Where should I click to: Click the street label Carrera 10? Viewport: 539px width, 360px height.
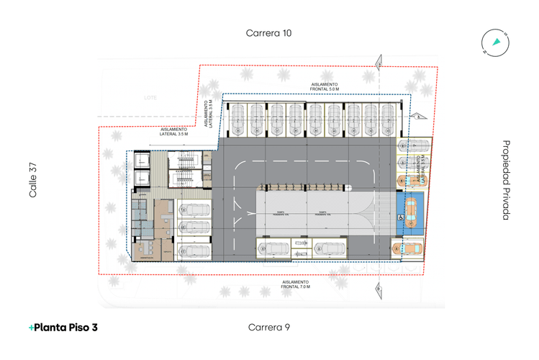(x=269, y=32)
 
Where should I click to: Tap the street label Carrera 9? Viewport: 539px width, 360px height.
(x=269, y=328)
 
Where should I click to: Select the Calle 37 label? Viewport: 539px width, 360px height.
(x=33, y=180)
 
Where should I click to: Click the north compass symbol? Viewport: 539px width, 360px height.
(x=496, y=44)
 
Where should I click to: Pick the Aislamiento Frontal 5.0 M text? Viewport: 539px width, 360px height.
(x=325, y=86)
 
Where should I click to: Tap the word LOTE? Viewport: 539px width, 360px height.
(x=150, y=97)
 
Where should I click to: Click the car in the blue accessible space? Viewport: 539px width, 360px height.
(x=409, y=210)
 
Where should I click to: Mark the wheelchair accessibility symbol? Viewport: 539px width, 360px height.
(x=399, y=214)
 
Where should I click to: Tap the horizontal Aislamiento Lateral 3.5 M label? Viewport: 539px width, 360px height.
(x=173, y=132)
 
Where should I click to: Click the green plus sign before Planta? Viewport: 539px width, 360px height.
(x=32, y=328)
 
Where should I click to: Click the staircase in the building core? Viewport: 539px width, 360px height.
(x=185, y=170)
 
